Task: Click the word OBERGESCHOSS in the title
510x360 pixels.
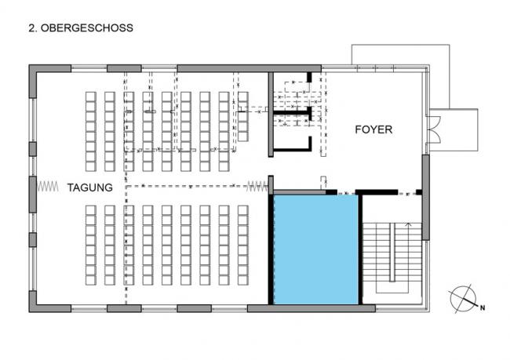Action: coord(87,28)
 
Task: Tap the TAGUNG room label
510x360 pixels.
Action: coord(90,187)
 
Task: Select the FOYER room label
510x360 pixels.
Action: coord(373,129)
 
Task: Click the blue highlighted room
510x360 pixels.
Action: coord(316,249)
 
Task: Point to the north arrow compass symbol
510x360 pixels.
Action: coord(463,299)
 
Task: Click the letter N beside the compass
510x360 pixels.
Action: coord(483,307)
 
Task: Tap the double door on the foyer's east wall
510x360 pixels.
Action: coord(435,129)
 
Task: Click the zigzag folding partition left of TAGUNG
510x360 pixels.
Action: coord(48,187)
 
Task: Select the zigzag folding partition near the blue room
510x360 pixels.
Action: coord(257,187)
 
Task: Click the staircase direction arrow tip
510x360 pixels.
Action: coord(409,223)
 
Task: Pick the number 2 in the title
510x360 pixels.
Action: coord(31,28)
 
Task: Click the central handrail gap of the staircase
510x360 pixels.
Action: coord(392,253)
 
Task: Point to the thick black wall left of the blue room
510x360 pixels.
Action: coord(271,249)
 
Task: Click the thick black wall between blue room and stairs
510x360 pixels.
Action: coord(360,249)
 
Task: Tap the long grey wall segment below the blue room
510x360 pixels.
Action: coord(311,308)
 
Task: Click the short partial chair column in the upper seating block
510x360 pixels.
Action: coord(243,116)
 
